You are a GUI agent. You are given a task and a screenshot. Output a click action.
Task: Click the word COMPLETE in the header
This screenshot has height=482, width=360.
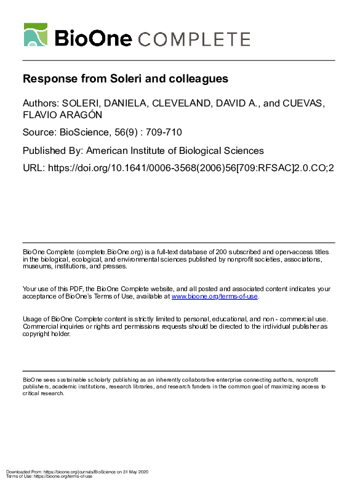(194, 39)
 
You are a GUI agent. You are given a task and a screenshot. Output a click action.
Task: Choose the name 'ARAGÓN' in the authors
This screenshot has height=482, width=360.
(83, 115)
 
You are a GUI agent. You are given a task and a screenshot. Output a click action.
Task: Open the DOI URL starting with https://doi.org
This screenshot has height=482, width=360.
(190, 167)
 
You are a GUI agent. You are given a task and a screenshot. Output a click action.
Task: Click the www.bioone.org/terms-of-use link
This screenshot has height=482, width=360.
(215, 297)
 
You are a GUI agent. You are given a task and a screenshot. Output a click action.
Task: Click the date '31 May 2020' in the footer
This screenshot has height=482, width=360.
(135, 472)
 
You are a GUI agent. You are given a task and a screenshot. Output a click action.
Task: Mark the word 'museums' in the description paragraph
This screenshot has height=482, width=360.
(38, 267)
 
